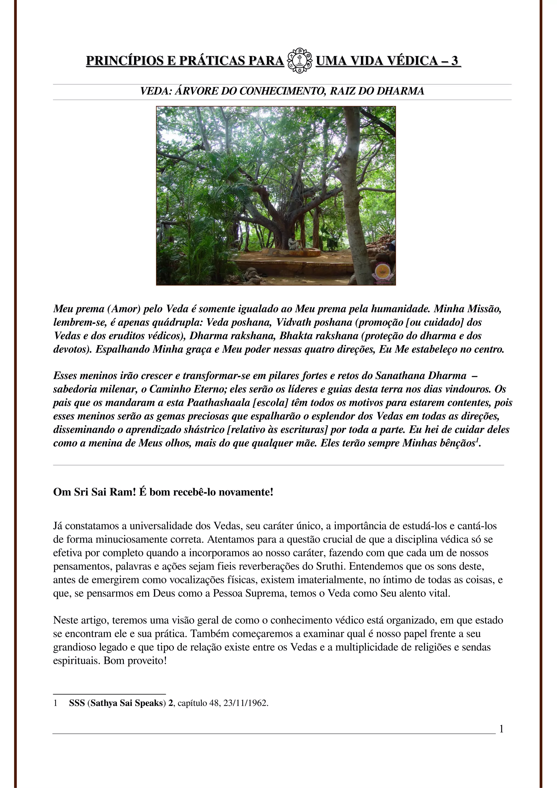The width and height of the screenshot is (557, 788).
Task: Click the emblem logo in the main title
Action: [300, 60]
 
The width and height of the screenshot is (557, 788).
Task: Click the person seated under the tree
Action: [292, 242]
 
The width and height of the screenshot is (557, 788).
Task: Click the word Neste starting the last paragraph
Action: [64, 621]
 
